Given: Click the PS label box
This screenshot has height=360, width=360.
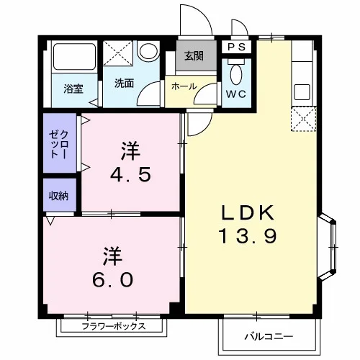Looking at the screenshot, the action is pyautogui.click(x=236, y=47).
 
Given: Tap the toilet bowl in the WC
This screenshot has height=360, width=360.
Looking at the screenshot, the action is pyautogui.click(x=236, y=74).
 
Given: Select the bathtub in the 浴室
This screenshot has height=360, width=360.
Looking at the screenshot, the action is pyautogui.click(x=74, y=57).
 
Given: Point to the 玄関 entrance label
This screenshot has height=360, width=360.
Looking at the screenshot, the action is pyautogui.click(x=194, y=56).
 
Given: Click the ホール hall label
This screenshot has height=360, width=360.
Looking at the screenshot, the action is pyautogui.click(x=184, y=86).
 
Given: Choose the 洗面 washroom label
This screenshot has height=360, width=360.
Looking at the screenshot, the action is pyautogui.click(x=124, y=83).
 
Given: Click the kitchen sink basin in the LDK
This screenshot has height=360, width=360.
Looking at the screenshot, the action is pyautogui.click(x=302, y=92).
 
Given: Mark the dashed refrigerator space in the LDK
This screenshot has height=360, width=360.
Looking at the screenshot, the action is pyautogui.click(x=304, y=120).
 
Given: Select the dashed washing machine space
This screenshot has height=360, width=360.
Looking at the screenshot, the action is pyautogui.click(x=118, y=53).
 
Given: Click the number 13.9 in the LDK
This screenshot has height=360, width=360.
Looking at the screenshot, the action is pyautogui.click(x=248, y=236).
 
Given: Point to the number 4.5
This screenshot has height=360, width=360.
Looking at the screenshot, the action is pyautogui.click(x=130, y=174).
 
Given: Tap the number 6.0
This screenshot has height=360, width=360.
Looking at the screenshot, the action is pyautogui.click(x=113, y=279).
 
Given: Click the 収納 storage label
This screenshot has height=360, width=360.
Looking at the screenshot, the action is pyautogui.click(x=59, y=196).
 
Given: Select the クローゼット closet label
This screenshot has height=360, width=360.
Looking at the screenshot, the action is pyautogui.click(x=58, y=144).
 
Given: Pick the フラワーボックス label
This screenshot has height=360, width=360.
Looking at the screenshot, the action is pyautogui.click(x=114, y=326).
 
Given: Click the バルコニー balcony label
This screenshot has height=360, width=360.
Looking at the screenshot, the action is pyautogui.click(x=269, y=336).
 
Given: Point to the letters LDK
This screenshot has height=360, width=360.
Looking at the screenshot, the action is pyautogui.click(x=248, y=212).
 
